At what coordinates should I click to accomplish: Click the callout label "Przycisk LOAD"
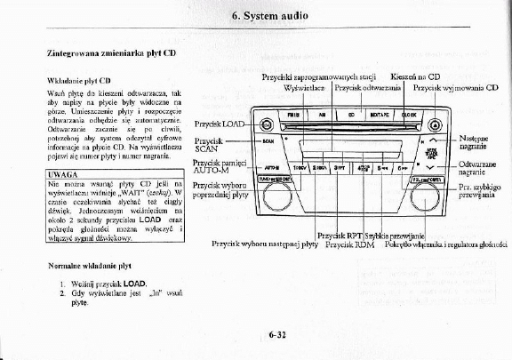point(220,124)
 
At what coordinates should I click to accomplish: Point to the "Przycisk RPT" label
point(341,233)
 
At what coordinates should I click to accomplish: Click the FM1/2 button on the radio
point(293,115)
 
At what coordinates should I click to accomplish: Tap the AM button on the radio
point(322,115)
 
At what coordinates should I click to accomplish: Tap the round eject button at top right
point(429,123)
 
